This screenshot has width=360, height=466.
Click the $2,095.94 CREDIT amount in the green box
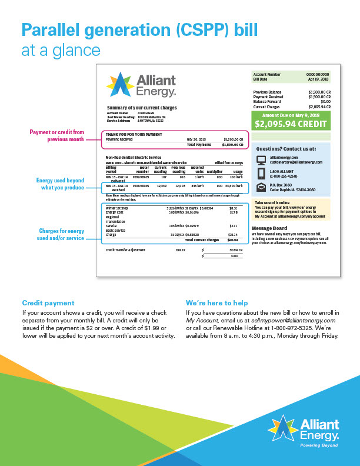289,125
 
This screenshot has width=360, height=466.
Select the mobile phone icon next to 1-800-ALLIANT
262,174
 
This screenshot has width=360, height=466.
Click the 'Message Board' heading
269,212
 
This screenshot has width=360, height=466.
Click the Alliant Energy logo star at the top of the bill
120,84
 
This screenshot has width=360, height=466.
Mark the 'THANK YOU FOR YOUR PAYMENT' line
134,134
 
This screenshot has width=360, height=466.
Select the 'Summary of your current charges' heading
142,108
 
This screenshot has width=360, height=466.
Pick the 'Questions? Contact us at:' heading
286,149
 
